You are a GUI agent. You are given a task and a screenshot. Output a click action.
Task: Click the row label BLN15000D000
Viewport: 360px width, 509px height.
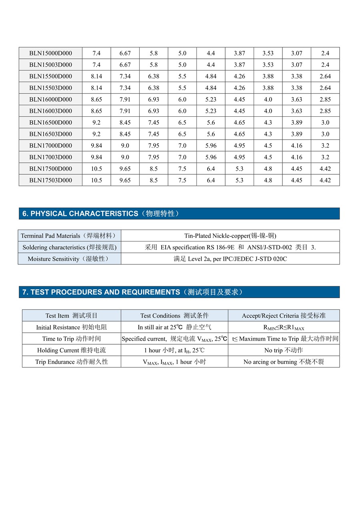[x=50, y=53]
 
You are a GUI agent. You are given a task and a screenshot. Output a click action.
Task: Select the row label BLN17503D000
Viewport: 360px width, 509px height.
[x=50, y=180]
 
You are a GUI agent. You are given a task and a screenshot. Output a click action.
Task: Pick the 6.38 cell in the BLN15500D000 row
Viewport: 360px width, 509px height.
[x=154, y=76]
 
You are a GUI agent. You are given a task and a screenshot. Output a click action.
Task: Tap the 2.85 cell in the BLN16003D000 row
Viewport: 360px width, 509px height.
[x=325, y=111]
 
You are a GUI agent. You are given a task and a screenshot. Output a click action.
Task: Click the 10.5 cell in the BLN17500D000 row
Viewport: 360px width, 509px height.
[x=96, y=169]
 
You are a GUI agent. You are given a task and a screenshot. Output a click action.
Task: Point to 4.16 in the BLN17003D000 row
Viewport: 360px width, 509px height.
[x=296, y=157]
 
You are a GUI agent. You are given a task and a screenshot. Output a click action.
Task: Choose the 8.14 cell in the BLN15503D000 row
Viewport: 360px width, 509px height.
[x=96, y=88]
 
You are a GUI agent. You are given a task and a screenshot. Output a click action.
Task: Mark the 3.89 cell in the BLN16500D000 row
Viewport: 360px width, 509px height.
[x=296, y=122]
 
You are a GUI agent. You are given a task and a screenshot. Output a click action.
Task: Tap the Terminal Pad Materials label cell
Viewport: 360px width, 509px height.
[x=69, y=236]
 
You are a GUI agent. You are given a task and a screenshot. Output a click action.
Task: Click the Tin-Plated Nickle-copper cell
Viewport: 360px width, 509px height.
[x=230, y=236]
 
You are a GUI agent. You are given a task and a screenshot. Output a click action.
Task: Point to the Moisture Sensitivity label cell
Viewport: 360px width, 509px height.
[x=69, y=259]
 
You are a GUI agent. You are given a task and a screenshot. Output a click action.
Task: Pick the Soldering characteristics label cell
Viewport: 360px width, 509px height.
[x=69, y=248]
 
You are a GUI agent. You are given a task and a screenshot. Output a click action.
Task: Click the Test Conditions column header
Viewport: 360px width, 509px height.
[x=174, y=316]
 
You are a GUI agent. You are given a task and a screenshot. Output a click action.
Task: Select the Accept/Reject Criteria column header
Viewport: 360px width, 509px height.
[x=284, y=316]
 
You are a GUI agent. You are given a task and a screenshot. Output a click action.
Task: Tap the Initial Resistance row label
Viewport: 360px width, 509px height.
[x=72, y=327]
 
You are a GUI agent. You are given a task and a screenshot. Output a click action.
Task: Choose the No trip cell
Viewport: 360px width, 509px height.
[x=284, y=350]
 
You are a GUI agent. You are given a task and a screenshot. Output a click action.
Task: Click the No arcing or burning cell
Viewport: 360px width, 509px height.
[x=284, y=362]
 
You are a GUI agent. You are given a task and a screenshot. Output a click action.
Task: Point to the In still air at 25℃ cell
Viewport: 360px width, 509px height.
[x=174, y=327]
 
